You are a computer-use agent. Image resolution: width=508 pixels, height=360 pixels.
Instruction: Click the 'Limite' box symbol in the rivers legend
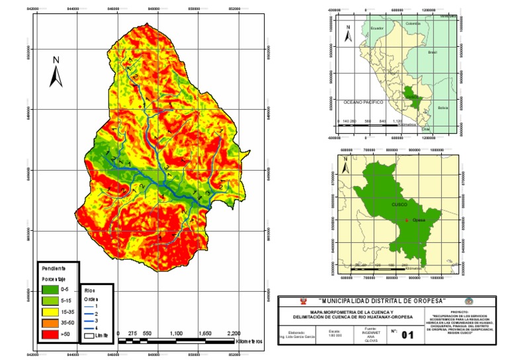(x=89, y=336)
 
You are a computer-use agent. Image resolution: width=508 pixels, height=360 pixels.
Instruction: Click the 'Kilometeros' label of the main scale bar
(x=249, y=341)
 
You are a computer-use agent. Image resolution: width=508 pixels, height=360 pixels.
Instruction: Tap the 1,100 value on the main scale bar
(x=175, y=334)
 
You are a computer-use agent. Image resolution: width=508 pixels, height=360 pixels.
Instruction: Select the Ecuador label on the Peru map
(x=377, y=28)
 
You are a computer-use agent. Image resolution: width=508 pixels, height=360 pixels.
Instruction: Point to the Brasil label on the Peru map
(x=433, y=52)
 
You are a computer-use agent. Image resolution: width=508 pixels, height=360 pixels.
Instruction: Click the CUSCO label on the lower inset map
(x=399, y=205)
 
